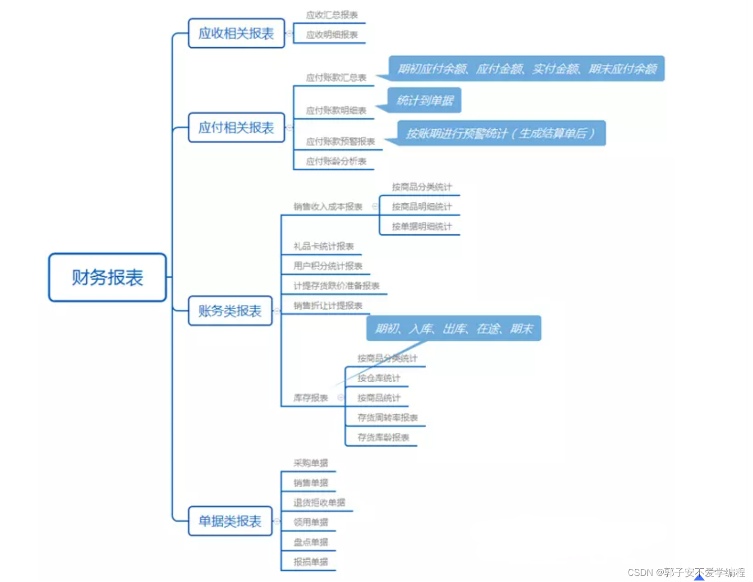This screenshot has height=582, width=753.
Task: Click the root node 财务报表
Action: tap(107, 277)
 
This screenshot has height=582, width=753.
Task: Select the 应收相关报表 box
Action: tap(236, 33)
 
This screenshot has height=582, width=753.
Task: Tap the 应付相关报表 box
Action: tap(236, 127)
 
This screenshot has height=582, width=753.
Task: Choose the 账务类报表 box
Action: tap(230, 311)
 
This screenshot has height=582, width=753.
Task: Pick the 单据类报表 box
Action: tap(230, 521)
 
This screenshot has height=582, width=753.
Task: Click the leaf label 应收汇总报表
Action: tap(332, 15)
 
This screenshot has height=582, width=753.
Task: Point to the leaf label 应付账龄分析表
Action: tap(336, 161)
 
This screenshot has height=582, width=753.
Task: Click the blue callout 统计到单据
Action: tap(425, 100)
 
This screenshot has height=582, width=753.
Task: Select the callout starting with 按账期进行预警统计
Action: tap(501, 133)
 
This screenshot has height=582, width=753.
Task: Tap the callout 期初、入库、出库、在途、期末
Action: tap(454, 329)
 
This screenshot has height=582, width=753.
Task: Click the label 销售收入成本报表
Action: tap(328, 207)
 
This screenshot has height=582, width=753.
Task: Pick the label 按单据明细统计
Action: tap(422, 227)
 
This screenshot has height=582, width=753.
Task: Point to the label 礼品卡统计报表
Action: tap(324, 246)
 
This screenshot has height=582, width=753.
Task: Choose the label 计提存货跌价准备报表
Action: tap(336, 286)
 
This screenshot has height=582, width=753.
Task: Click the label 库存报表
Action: tap(311, 398)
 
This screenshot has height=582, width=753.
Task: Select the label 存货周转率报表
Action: tap(388, 418)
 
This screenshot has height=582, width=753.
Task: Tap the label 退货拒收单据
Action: tap(319, 502)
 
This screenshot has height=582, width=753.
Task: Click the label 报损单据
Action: tap(311, 562)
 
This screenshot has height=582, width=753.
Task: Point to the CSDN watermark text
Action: tap(686, 572)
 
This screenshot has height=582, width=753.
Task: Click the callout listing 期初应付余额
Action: tap(527, 68)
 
